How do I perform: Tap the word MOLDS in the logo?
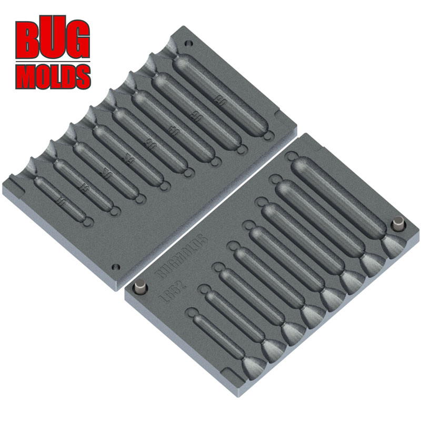coord(52,75)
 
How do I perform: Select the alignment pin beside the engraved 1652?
coord(141,288)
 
